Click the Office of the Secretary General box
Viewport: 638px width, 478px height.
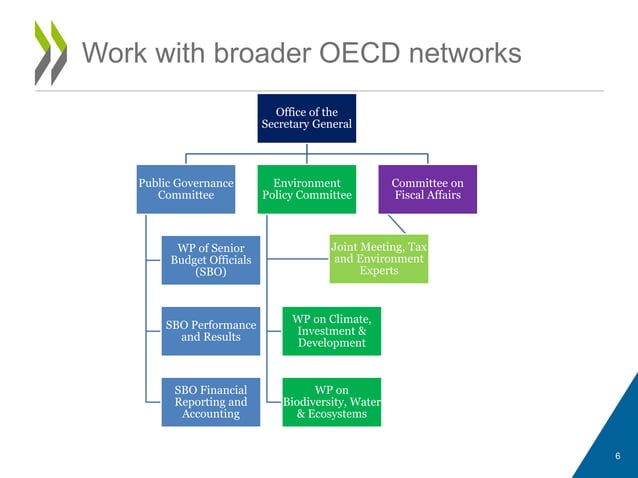(x=307, y=118)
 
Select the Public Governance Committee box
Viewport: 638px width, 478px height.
(x=185, y=189)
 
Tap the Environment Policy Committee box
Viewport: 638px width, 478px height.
(x=307, y=189)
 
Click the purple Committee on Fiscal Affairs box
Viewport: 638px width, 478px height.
(x=427, y=189)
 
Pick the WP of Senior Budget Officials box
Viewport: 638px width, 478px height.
(x=210, y=259)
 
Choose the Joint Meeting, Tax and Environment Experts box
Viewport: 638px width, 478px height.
(x=378, y=258)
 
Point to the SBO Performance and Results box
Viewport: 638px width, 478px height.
(x=210, y=331)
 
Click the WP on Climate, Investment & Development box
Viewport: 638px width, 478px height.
(x=331, y=331)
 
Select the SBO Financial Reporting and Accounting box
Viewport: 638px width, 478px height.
(x=210, y=401)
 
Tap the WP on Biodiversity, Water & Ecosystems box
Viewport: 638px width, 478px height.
(x=331, y=401)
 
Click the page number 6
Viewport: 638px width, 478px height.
(x=618, y=457)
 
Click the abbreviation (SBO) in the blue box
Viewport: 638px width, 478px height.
(x=210, y=273)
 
